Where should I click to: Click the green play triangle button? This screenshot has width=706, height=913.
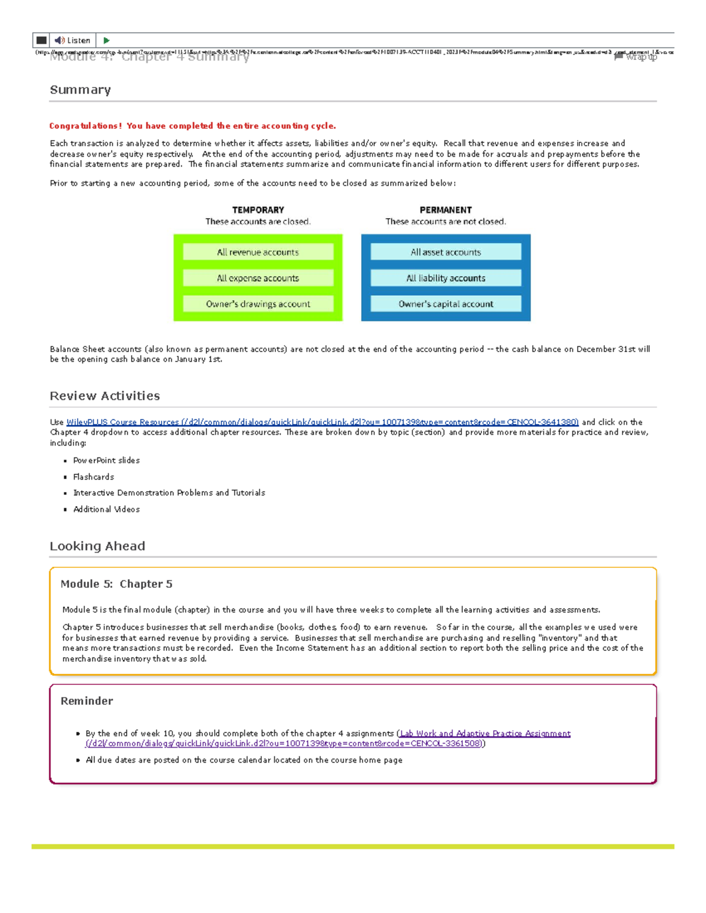(x=106, y=41)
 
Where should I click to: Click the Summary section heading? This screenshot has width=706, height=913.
(x=80, y=90)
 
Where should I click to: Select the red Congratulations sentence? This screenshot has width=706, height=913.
(x=192, y=126)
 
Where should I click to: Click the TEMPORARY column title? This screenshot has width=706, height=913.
(x=258, y=210)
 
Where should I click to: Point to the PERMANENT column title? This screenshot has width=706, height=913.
(x=445, y=210)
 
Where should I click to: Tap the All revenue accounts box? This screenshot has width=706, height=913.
(x=258, y=252)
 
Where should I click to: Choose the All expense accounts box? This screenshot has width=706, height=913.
(x=258, y=278)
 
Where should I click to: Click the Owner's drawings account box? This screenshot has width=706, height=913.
(x=258, y=304)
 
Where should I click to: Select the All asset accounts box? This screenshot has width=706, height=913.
(x=445, y=252)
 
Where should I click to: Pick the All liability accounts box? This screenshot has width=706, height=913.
(x=445, y=278)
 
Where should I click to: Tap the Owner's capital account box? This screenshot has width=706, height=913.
(x=445, y=304)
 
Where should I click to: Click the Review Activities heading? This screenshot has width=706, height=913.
(x=105, y=396)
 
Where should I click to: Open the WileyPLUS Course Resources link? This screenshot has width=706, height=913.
(x=322, y=422)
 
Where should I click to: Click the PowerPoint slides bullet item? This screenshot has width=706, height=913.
(x=106, y=460)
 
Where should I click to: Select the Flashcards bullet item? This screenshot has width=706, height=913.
(x=94, y=477)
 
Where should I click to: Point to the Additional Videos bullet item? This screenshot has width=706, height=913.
(x=106, y=509)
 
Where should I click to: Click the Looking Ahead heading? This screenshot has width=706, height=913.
(x=97, y=546)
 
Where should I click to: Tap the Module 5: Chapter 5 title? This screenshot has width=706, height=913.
(x=116, y=584)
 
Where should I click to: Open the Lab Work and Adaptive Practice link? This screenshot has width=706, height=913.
(x=485, y=734)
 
